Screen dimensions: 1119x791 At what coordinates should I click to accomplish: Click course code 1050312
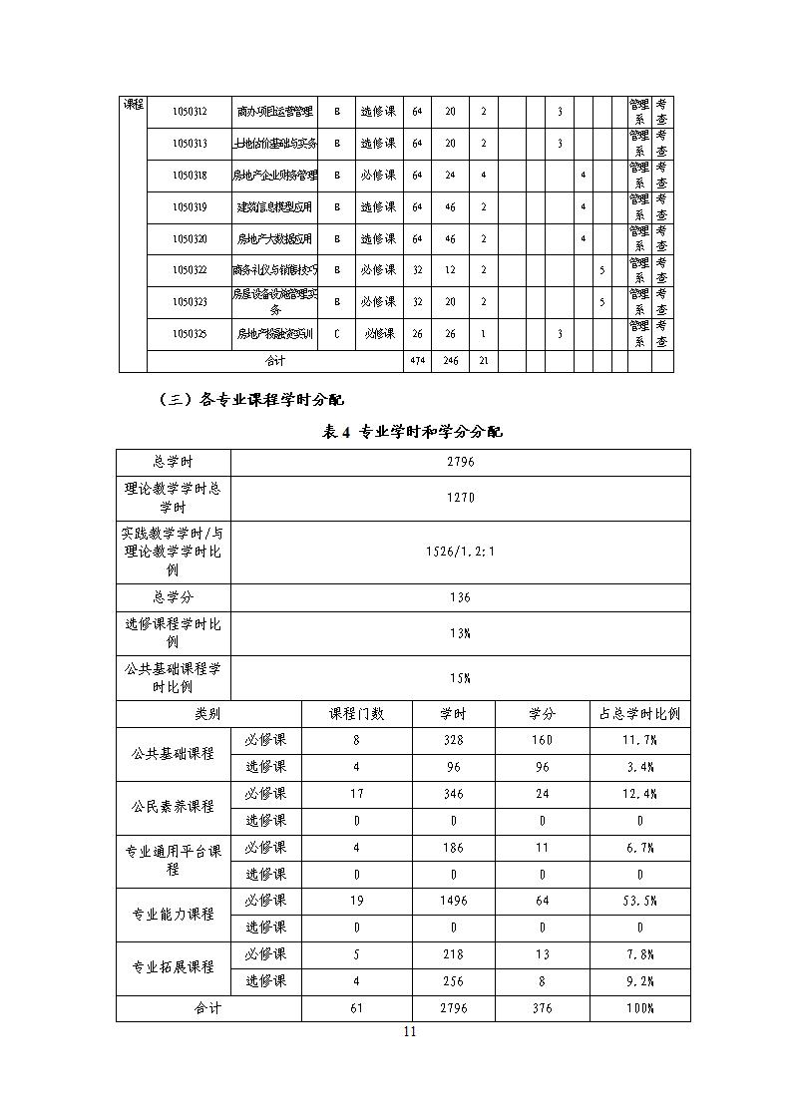tap(190, 112)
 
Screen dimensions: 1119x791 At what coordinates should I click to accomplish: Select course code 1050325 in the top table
tap(190, 334)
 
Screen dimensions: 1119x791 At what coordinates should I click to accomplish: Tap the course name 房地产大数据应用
tap(274, 239)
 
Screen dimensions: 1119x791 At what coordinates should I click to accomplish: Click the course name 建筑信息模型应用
tap(274, 207)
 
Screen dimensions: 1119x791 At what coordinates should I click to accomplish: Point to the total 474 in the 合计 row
tap(417, 361)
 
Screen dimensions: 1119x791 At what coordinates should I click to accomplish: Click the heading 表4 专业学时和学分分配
tap(413, 432)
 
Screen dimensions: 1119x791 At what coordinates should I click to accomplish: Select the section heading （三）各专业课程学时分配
tap(251, 400)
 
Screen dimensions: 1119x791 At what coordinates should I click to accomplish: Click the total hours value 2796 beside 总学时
tap(460, 463)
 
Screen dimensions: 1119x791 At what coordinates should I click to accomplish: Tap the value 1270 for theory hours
tap(460, 499)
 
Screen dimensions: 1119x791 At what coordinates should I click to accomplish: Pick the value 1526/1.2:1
tap(460, 552)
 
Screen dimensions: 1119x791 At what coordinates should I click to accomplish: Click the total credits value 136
tap(460, 597)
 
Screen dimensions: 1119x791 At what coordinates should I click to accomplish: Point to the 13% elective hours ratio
tap(460, 633)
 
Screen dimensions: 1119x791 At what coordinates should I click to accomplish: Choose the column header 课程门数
tap(357, 714)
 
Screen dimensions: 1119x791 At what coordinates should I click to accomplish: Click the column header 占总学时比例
tap(639, 714)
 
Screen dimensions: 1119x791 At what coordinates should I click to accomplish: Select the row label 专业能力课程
tap(173, 915)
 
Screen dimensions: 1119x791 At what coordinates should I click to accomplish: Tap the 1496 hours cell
tap(452, 901)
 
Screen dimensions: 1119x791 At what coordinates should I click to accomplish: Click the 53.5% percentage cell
tap(639, 901)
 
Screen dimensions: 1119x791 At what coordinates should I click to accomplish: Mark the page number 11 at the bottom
tap(409, 1032)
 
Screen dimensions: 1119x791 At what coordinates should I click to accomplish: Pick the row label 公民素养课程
tap(173, 807)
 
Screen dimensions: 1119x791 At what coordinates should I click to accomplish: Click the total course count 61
tap(357, 1008)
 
